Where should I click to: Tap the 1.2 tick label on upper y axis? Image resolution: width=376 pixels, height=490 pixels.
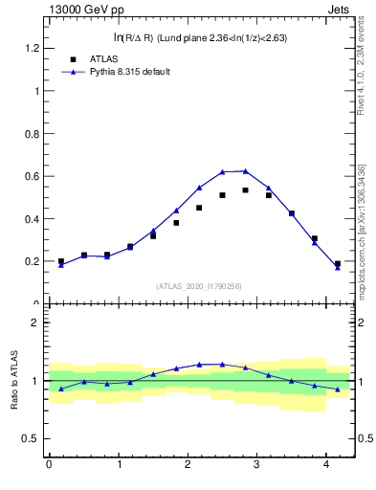tap(32, 48)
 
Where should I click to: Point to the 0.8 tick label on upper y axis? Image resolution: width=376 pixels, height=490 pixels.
tap(32, 133)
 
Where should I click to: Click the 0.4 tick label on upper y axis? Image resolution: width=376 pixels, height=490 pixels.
tap(32, 218)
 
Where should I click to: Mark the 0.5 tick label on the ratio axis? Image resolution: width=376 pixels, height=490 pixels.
tap(32, 439)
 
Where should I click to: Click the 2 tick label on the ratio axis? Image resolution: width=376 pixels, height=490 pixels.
tap(36, 323)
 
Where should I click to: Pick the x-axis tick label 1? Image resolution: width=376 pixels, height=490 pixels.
tap(119, 465)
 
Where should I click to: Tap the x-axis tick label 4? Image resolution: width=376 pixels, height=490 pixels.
tap(328, 465)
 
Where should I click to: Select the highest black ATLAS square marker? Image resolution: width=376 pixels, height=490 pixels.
tap(246, 190)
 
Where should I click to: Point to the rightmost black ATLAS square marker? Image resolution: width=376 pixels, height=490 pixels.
tap(338, 263)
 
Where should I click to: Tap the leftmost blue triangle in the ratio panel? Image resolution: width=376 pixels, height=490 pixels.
tap(61, 389)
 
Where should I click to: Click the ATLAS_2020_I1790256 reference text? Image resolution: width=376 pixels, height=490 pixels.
tap(200, 286)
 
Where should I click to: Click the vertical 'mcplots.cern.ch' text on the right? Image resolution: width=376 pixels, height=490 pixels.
tap(362, 234)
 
